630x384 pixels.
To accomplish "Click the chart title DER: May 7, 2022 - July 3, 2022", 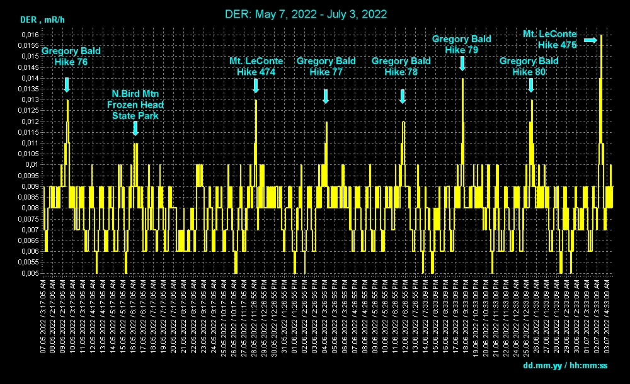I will (x=306, y=14).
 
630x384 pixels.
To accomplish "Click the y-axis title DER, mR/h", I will (x=43, y=20).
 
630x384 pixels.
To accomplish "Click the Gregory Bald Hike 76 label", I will (x=71, y=57).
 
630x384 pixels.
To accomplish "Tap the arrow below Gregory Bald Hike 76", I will (x=67, y=85).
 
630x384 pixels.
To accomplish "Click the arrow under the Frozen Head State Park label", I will (x=135, y=128).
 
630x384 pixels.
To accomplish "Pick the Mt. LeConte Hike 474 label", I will (x=256, y=67).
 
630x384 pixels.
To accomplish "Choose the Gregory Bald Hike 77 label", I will (x=326, y=67).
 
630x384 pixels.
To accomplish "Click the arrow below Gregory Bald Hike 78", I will (x=402, y=96).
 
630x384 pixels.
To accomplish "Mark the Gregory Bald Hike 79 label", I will (x=462, y=44).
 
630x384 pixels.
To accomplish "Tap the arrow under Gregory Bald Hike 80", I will (x=530, y=85).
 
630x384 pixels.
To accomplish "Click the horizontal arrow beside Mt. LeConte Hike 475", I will (x=590, y=40).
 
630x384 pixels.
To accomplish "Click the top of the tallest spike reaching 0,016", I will (x=601, y=36).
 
